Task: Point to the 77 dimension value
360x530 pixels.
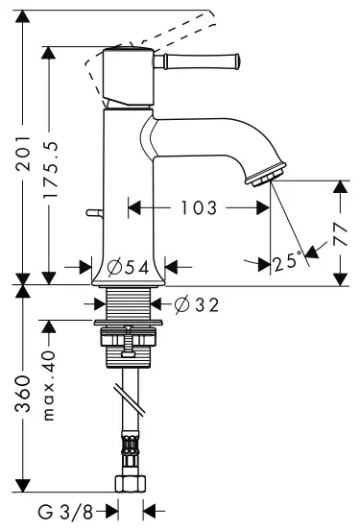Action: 339,231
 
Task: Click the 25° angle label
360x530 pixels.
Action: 287,260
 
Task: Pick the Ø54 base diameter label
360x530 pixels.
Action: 129,265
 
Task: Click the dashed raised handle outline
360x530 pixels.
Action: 96,67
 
